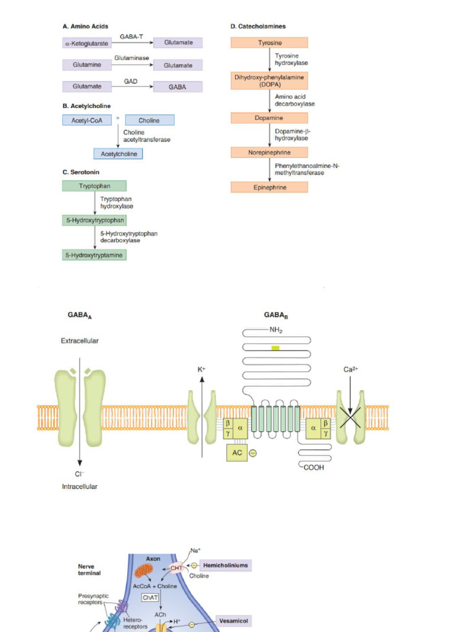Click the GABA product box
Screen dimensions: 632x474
[177, 87]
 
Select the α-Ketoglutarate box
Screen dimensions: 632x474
[87, 43]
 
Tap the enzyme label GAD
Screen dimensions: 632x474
[130, 81]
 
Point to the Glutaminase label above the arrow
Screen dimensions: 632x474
[131, 58]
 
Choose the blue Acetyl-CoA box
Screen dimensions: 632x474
[87, 120]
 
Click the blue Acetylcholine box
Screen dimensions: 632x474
[118, 154]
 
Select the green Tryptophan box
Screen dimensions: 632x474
[94, 186]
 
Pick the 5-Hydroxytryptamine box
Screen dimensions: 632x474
[94, 254]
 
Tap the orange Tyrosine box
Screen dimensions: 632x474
[269, 43]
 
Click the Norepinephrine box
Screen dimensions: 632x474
[269, 152]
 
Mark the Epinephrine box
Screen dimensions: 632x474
[269, 187]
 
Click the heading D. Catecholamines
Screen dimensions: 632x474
[258, 27]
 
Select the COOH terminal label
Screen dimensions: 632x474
[313, 468]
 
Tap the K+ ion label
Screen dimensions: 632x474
[201, 369]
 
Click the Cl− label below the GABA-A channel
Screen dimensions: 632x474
[79, 473]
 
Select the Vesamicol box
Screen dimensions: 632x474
[234, 622]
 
